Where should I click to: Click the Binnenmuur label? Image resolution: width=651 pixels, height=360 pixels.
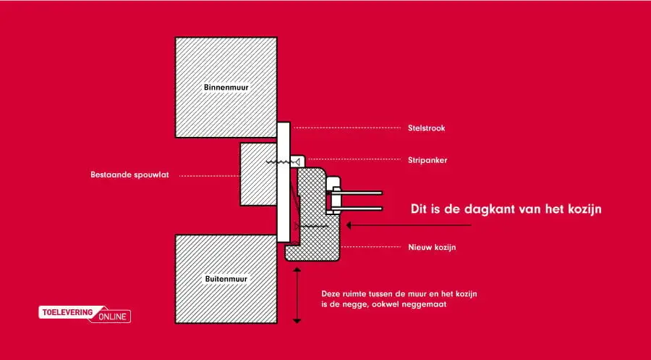click(226, 88)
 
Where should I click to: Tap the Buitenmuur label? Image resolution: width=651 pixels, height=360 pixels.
click(226, 279)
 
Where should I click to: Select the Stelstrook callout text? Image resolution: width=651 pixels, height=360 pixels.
click(426, 128)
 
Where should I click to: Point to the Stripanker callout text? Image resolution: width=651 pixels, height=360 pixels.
click(427, 160)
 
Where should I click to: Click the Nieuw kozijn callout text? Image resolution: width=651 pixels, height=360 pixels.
click(432, 247)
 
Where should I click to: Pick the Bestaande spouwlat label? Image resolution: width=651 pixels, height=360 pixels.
click(129, 175)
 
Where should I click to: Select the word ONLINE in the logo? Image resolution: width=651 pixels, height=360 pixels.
click(113, 317)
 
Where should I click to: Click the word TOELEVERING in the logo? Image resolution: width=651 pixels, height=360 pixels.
click(68, 312)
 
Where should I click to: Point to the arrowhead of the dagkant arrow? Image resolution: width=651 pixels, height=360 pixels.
click(349, 225)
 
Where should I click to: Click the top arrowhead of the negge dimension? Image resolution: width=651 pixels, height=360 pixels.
click(297, 270)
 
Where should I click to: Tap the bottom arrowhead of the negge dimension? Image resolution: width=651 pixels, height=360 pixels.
click(297, 320)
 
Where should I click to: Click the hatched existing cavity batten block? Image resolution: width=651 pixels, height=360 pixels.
click(258, 174)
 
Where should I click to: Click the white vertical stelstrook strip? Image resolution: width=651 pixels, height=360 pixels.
click(284, 182)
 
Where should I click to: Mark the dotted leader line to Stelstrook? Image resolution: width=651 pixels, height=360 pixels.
click(347, 128)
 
